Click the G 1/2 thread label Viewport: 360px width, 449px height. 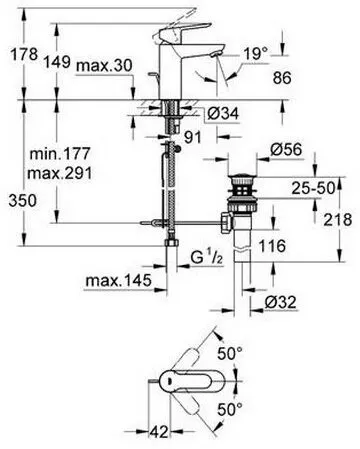click(x=208, y=262)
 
